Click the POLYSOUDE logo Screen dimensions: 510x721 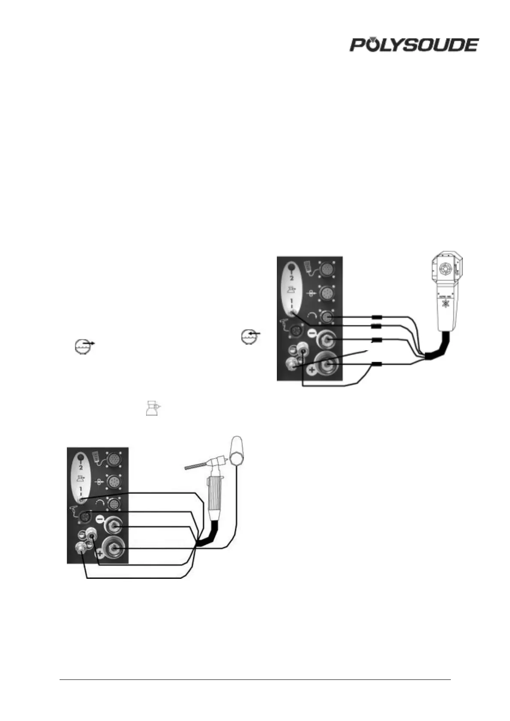(x=414, y=45)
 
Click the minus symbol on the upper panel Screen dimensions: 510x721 (x=312, y=333)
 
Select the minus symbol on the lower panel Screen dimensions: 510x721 (x=99, y=519)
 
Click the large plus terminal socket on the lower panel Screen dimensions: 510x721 (x=115, y=548)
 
